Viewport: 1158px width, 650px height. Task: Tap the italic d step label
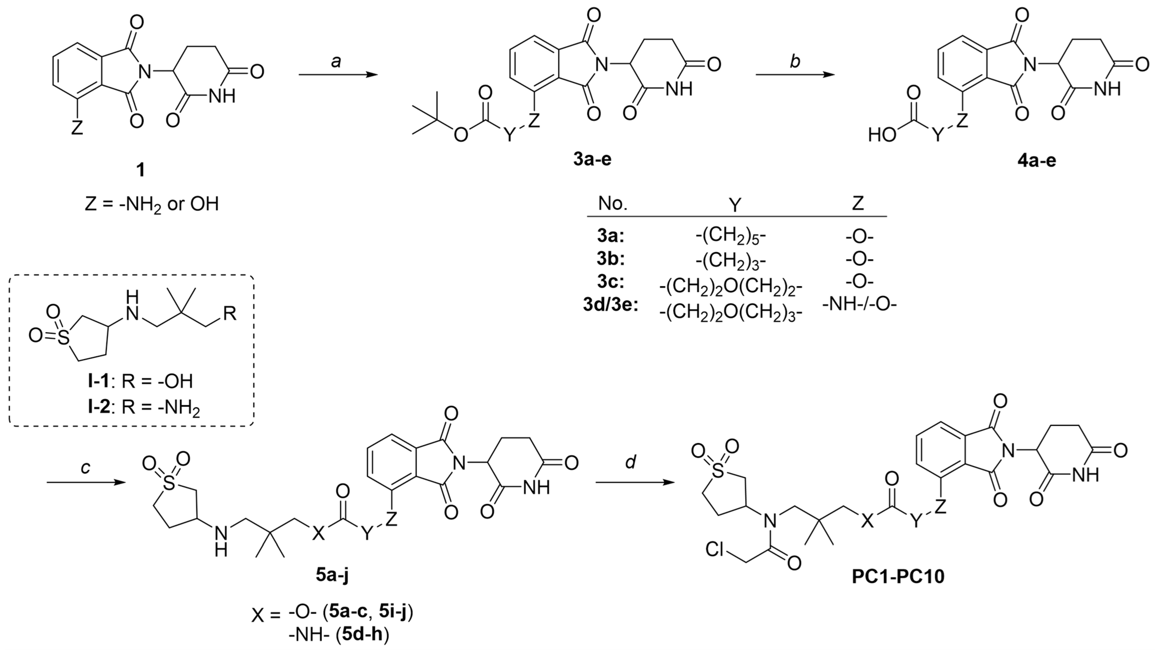point(631,462)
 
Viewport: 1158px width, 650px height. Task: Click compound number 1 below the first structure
point(141,171)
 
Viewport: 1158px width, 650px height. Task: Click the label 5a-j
point(332,575)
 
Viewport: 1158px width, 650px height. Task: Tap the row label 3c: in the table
point(611,282)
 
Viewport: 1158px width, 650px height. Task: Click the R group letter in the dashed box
point(230,313)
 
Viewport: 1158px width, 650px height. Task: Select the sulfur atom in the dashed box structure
point(64,338)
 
